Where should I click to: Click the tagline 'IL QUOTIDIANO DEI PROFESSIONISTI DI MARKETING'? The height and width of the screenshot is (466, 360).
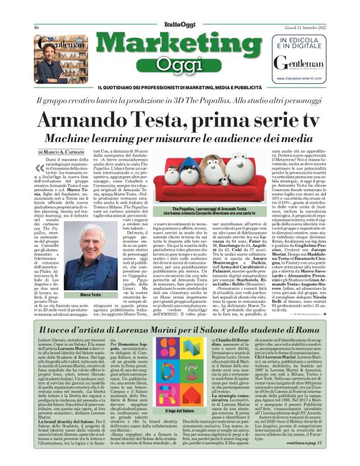pos(180,86)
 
